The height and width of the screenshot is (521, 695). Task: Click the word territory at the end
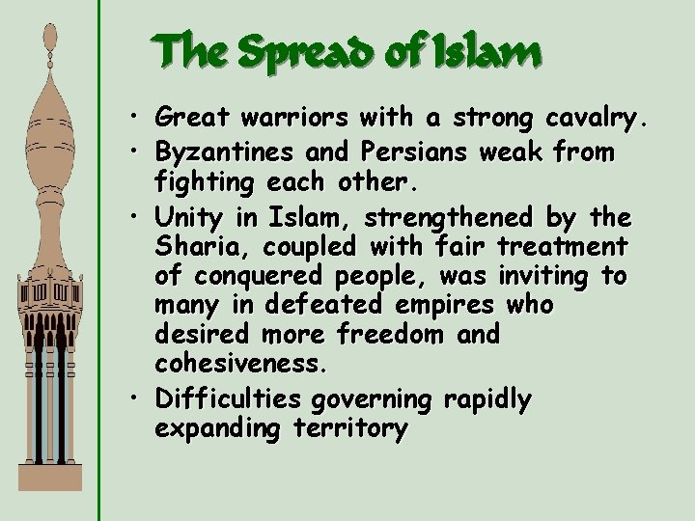(347, 429)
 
